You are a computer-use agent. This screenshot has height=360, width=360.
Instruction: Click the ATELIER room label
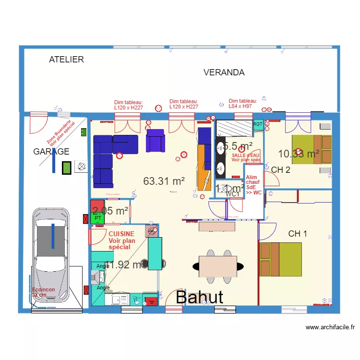coord(66,60)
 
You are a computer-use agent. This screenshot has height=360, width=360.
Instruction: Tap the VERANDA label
coord(224,72)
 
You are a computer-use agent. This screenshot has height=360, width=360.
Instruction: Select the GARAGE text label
coord(51,152)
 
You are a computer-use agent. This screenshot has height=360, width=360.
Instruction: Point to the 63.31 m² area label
coord(164,181)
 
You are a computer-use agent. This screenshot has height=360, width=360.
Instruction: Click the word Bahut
coord(199,297)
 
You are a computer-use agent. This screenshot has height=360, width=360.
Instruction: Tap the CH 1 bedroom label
coord(298,234)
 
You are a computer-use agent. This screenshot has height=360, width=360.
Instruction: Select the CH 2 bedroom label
coord(280,169)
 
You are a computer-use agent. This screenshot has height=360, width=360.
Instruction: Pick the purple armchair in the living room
coord(155,140)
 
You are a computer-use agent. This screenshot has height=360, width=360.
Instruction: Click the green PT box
coord(97,218)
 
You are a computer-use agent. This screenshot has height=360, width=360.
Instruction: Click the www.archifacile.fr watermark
coord(330,328)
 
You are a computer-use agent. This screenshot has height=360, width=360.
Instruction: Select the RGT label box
coord(258,124)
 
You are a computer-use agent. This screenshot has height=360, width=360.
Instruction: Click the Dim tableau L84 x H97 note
coord(243,103)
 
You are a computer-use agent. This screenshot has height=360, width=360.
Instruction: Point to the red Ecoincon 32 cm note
coord(43,292)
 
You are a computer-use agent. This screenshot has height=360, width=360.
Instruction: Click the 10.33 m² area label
coord(299,154)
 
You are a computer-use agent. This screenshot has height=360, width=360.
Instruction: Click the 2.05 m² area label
coord(110,211)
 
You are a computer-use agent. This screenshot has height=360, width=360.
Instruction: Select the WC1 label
coord(232,194)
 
